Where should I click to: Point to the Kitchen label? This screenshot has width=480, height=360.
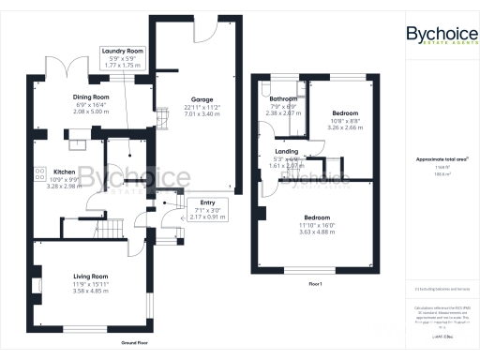(64, 172)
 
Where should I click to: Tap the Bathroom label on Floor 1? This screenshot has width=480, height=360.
(283, 98)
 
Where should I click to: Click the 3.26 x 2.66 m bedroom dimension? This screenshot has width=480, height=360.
(320, 125)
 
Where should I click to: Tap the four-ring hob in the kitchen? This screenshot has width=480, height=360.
(40, 173)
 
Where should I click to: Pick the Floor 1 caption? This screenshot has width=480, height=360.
(315, 282)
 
